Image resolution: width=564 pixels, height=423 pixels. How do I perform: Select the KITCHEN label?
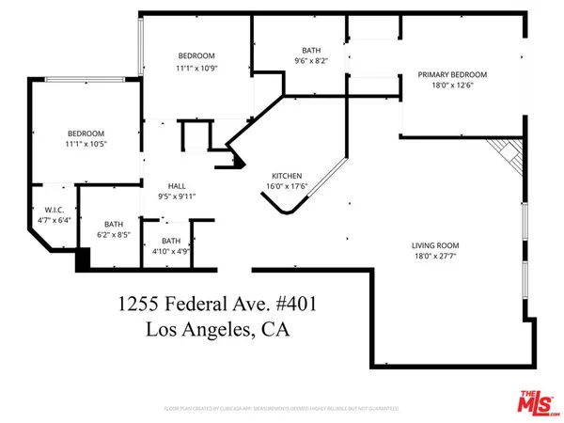(x=287, y=176)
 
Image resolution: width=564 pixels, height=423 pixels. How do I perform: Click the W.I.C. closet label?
(x=53, y=210)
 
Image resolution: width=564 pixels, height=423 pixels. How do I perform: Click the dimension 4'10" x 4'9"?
(x=170, y=251)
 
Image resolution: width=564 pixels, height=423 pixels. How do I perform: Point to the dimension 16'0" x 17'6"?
(x=287, y=186)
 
